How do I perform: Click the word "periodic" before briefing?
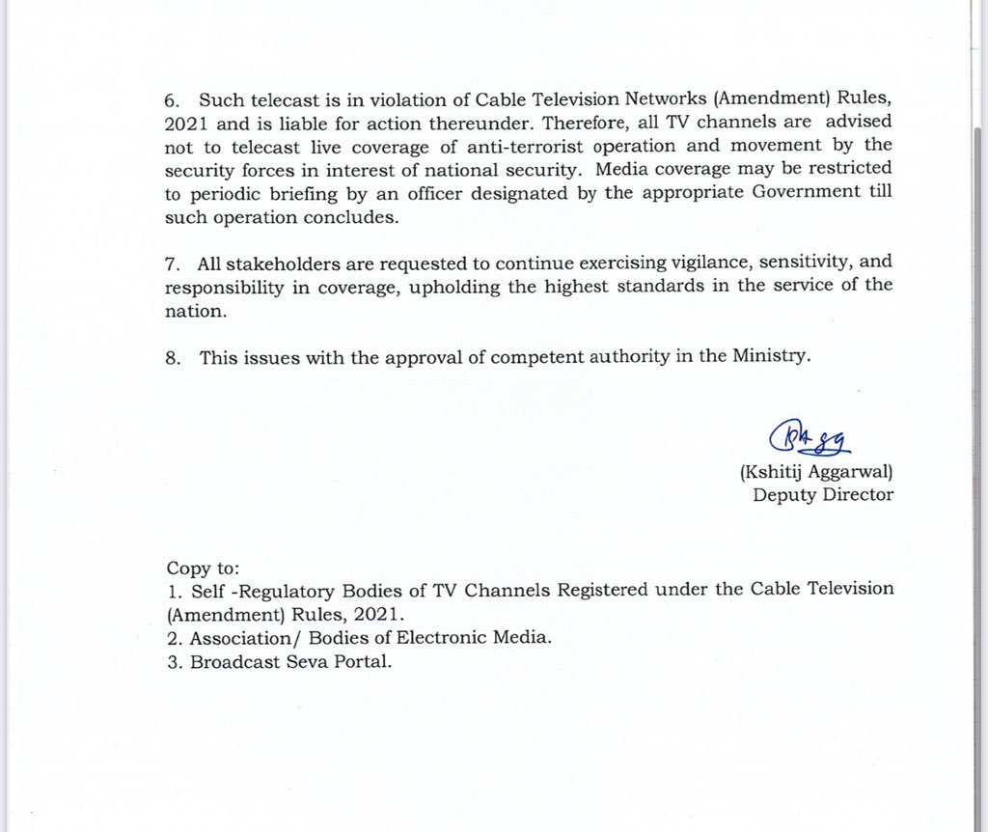coord(210,191)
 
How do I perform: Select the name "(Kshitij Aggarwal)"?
coord(816,472)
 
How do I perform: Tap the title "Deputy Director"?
coord(823,495)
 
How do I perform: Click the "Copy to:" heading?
coord(203,568)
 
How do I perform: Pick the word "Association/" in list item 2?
coord(237,639)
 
